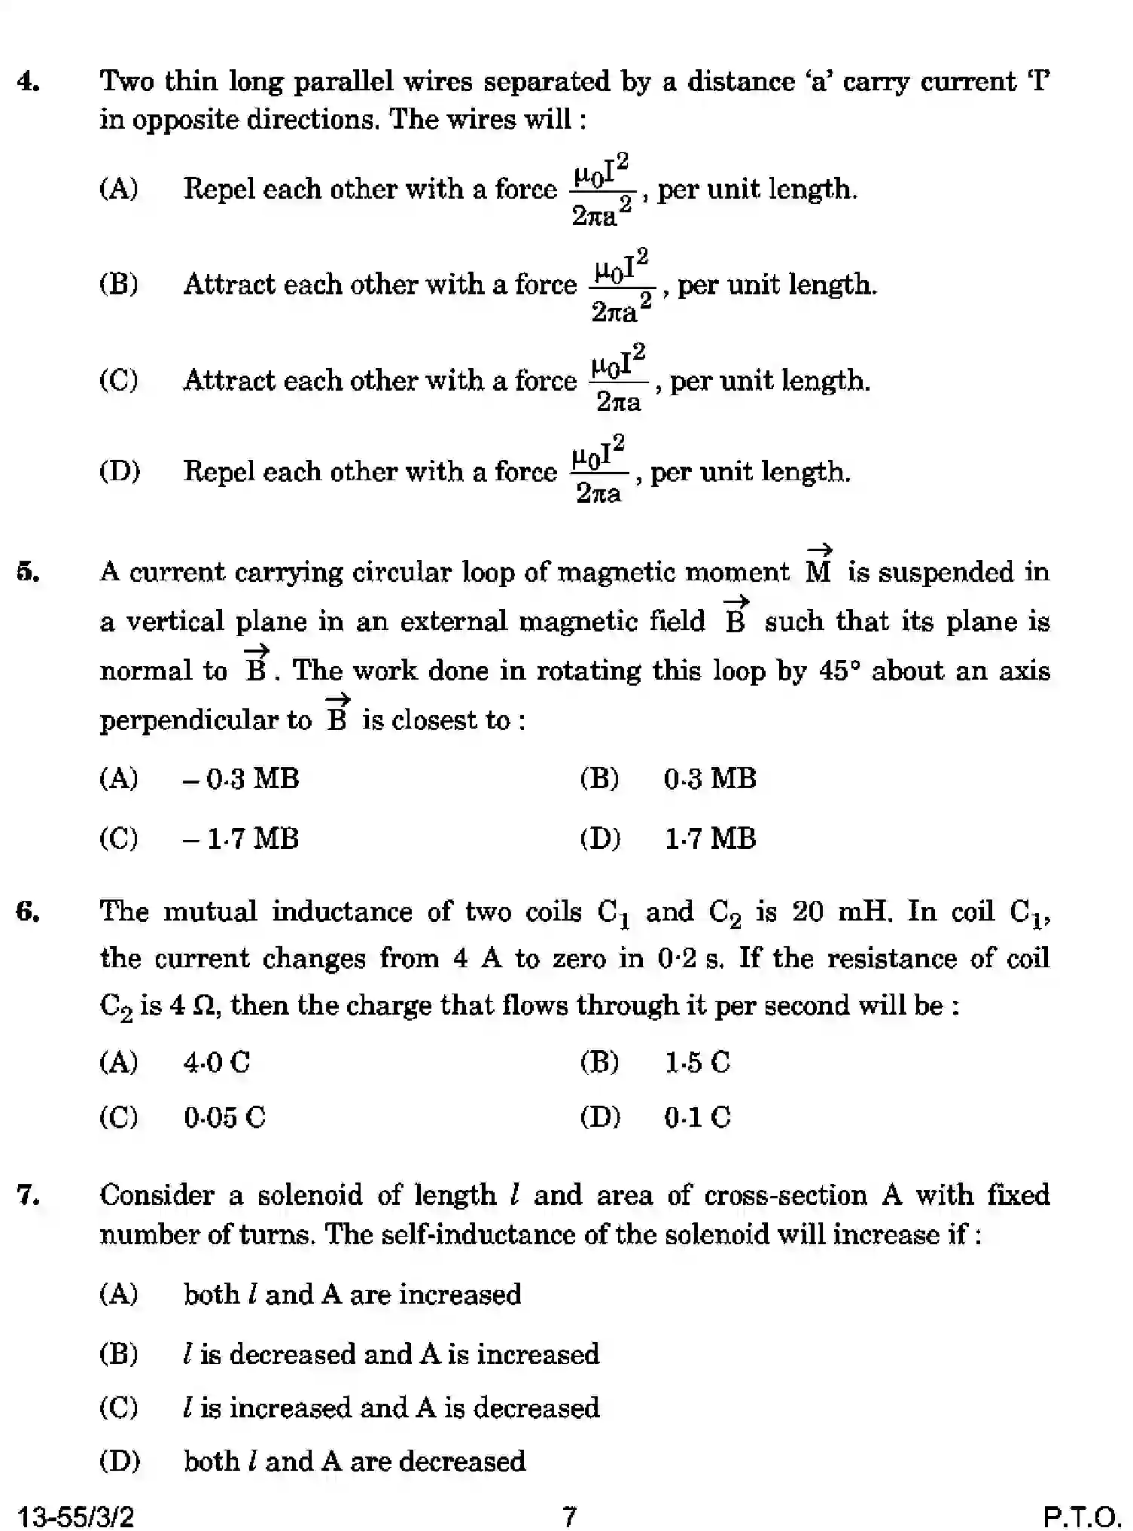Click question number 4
tap(28, 81)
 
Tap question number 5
tap(28, 572)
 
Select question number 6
tap(28, 912)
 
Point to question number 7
tap(28, 1195)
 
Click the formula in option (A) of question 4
tap(602, 190)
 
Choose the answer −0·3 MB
tap(241, 778)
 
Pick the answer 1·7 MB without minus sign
tap(710, 839)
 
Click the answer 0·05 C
tap(224, 1117)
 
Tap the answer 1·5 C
tap(697, 1062)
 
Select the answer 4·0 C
tap(217, 1062)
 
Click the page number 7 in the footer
tap(570, 1515)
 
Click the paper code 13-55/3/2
tap(75, 1515)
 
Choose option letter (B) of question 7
tap(119, 1354)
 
